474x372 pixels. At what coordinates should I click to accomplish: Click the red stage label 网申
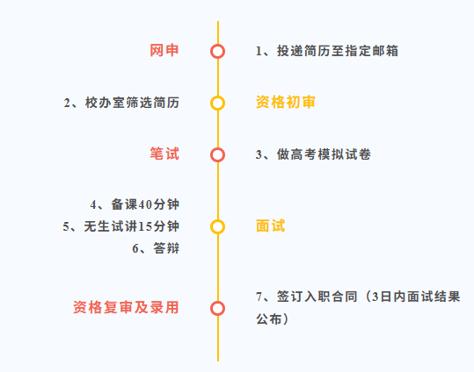pyautogui.click(x=164, y=50)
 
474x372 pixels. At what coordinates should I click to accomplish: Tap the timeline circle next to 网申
pyautogui.click(x=218, y=51)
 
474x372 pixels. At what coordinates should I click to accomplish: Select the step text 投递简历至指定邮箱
pyautogui.click(x=338, y=51)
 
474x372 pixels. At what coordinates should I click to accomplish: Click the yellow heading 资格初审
pyautogui.click(x=285, y=102)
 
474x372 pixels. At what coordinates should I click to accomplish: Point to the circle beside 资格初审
pyautogui.click(x=218, y=104)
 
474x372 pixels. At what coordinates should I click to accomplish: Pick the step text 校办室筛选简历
pyautogui.click(x=132, y=103)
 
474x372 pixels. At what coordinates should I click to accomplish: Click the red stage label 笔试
pyautogui.click(x=164, y=154)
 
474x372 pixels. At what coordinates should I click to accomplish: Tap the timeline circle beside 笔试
pyautogui.click(x=218, y=154)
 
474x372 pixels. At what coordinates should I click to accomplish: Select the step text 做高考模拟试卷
pyautogui.click(x=324, y=154)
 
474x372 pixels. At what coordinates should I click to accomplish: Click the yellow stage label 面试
pyautogui.click(x=270, y=226)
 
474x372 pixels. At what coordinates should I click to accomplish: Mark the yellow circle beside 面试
pyautogui.click(x=218, y=227)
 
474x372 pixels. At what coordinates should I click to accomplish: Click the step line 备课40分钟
pyautogui.click(x=145, y=204)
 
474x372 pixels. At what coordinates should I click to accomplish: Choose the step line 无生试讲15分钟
pyautogui.click(x=132, y=226)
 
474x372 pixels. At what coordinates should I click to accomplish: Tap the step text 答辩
pyautogui.click(x=166, y=248)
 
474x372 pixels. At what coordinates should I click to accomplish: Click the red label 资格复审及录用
pyautogui.click(x=126, y=307)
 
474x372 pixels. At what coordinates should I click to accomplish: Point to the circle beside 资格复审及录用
pyautogui.click(x=218, y=308)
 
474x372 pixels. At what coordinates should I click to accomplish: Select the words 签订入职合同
pyautogui.click(x=317, y=297)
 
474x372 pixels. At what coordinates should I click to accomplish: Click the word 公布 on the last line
pyautogui.click(x=269, y=318)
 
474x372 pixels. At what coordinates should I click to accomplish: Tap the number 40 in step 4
pyautogui.click(x=145, y=204)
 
